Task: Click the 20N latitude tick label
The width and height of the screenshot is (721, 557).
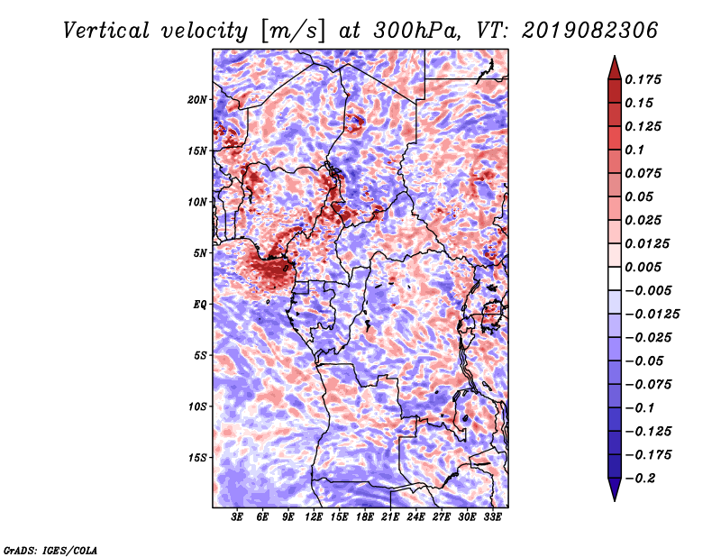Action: click(x=197, y=99)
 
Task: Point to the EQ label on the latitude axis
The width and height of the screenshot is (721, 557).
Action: click(x=199, y=304)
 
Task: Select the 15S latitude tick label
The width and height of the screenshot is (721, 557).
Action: click(x=197, y=457)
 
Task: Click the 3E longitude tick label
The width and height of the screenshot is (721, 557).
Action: click(x=237, y=518)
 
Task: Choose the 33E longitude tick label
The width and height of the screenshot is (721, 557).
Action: click(x=492, y=518)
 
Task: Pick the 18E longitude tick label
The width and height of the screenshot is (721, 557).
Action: click(x=364, y=518)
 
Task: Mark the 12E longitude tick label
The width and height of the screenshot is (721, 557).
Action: click(x=314, y=518)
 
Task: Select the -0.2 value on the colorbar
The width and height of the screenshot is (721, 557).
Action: click(x=641, y=478)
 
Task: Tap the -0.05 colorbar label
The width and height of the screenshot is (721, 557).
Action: click(x=644, y=361)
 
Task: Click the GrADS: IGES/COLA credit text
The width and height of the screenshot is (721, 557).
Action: click(x=50, y=549)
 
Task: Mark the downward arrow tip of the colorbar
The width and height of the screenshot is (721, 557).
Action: click(x=614, y=498)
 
